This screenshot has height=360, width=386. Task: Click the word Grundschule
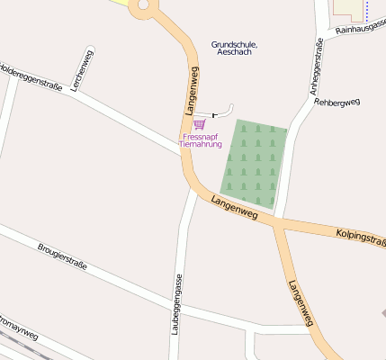(x=234, y=44)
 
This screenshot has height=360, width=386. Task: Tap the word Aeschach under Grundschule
(x=234, y=52)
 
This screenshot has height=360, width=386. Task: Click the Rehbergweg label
(x=337, y=102)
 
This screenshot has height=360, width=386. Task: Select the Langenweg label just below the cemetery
(x=234, y=208)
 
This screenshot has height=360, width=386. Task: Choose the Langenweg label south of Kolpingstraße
(x=301, y=302)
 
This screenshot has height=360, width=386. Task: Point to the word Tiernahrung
(x=200, y=144)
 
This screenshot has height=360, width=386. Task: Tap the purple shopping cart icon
(x=199, y=124)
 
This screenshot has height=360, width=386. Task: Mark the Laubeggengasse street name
(x=178, y=304)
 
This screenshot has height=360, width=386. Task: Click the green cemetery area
(x=255, y=160)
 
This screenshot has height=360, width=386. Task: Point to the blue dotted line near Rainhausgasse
(x=367, y=11)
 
